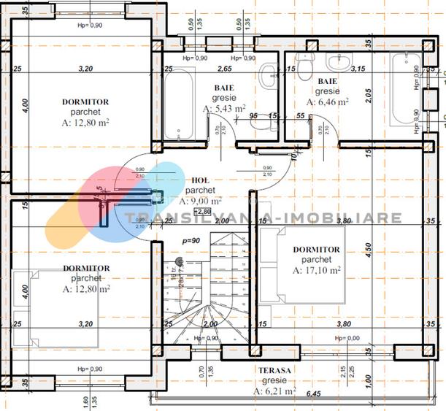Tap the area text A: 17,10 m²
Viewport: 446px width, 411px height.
[317, 269]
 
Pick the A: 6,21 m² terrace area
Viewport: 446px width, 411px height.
[274, 392]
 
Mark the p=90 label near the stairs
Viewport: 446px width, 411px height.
[191, 239]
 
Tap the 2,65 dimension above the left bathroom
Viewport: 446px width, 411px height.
[225, 69]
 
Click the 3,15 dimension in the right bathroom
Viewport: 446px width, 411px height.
[358, 69]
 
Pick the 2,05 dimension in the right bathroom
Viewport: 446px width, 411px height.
[370, 93]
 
